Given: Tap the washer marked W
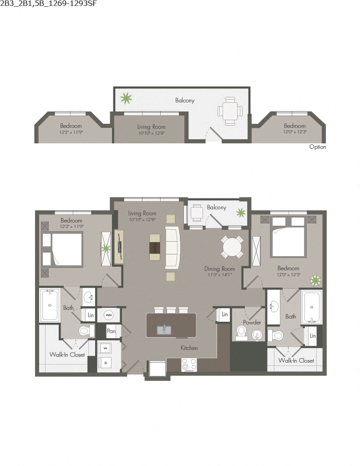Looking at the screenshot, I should tap(104, 349).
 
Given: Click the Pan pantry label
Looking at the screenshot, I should tap(111, 331).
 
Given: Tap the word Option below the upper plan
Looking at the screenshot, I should tap(318, 147).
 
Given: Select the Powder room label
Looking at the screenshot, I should tap(252, 322).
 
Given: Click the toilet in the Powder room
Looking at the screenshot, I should tap(241, 333).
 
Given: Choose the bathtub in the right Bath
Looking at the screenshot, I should tap(312, 307).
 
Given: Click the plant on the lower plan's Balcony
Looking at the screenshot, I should tap(240, 212).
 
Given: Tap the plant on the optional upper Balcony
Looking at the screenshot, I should tap(126, 97).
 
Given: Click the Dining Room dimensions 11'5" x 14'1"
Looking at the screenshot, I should tap(219, 275).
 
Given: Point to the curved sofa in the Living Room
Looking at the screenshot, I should tap(173, 248).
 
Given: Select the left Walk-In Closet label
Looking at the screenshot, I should tap(67, 355).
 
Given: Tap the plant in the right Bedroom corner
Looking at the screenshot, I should tap(315, 280).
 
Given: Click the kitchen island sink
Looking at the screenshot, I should tap(164, 329).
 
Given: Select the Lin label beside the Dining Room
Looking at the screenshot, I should tap(224, 314).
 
